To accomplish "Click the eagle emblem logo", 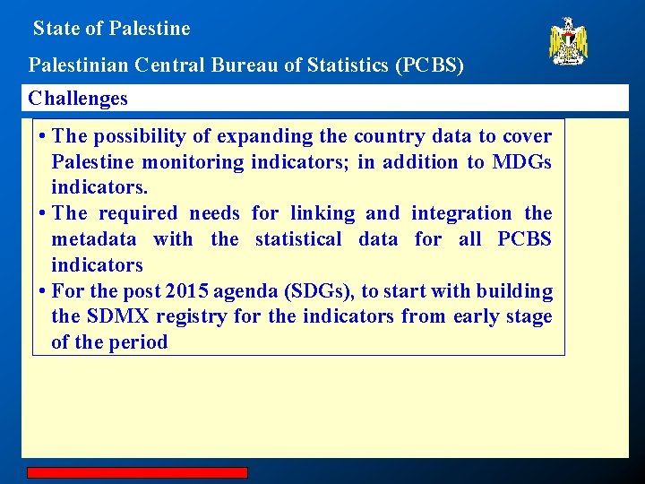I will (568, 41).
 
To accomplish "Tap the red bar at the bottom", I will (136, 472).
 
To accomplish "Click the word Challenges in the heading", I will (78, 99).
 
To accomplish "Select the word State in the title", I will (55, 29).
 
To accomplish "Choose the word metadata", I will (94, 239).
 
